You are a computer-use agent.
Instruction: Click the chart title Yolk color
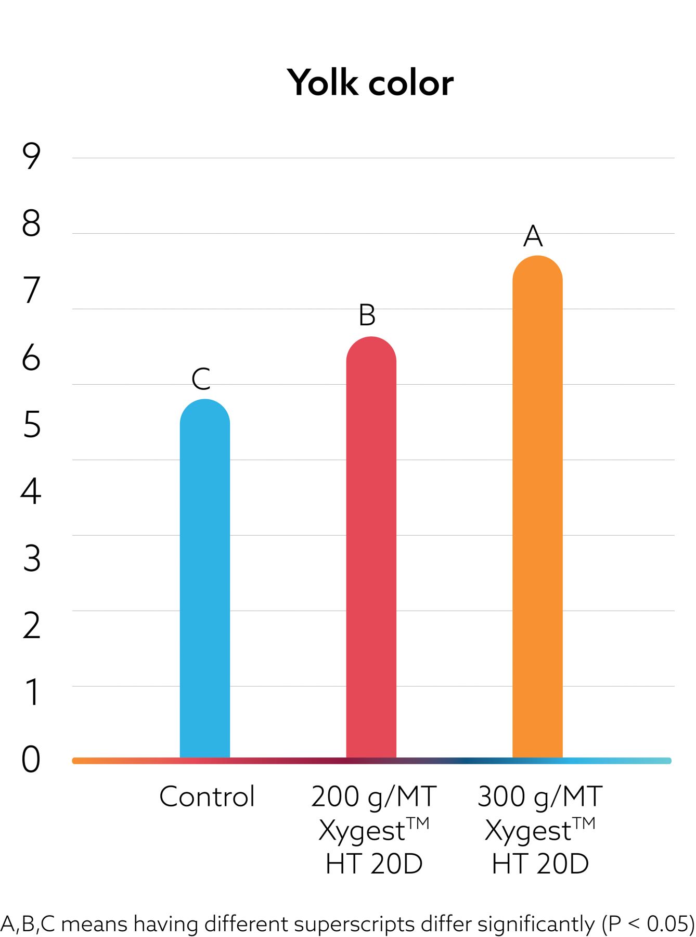click(370, 83)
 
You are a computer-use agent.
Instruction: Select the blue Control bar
click(205, 578)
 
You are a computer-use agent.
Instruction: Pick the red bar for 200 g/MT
click(371, 547)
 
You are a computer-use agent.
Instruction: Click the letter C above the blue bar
click(201, 379)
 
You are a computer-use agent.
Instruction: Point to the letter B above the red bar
click(367, 315)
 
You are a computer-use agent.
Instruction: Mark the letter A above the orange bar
click(533, 236)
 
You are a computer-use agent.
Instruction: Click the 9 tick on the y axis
click(31, 156)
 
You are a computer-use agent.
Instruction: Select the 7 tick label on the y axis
click(31, 290)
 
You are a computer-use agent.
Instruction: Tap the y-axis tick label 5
click(32, 425)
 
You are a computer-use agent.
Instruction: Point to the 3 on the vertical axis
click(32, 559)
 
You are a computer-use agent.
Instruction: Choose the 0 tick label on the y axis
click(31, 759)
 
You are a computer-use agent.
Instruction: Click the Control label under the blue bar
click(207, 797)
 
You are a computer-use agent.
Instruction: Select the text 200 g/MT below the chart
click(373, 797)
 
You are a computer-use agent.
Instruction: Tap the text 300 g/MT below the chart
click(540, 797)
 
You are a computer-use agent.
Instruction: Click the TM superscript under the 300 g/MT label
click(584, 823)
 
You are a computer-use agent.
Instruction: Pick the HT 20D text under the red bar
click(373, 864)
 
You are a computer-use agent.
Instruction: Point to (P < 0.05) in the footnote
click(648, 924)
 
